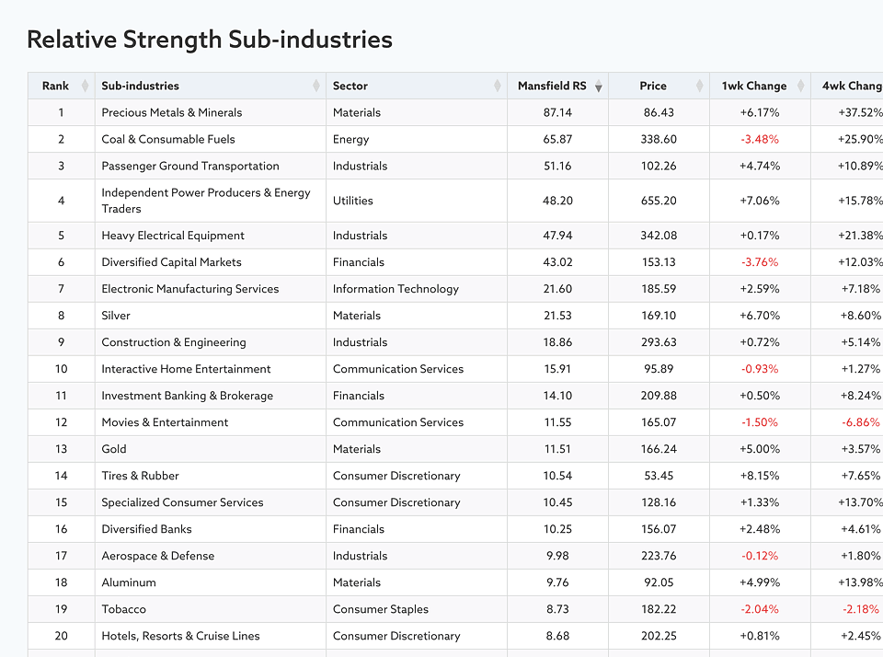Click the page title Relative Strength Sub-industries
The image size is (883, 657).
tap(210, 40)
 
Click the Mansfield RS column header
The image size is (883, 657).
tap(552, 86)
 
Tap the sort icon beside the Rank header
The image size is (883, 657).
tap(85, 86)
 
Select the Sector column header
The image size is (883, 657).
tap(350, 86)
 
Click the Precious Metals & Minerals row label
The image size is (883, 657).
tap(172, 112)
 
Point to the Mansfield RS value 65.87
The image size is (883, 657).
tap(557, 139)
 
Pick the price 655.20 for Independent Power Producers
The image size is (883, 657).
tap(659, 201)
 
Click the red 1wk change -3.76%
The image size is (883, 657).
tap(760, 262)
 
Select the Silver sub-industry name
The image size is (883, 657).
tap(116, 316)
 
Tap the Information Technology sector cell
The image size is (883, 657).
tap(396, 289)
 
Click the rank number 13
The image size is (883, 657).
tap(61, 449)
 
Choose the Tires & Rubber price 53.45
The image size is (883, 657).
tap(659, 476)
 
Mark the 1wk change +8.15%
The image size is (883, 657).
tap(760, 476)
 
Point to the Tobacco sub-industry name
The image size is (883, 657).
tap(123, 609)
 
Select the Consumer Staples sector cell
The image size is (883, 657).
tap(381, 609)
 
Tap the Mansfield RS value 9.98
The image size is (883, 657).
tap(557, 556)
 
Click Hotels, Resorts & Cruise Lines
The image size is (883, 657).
tap(180, 636)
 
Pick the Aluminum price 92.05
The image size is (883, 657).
tap(659, 582)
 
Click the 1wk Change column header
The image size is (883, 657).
tap(754, 86)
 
